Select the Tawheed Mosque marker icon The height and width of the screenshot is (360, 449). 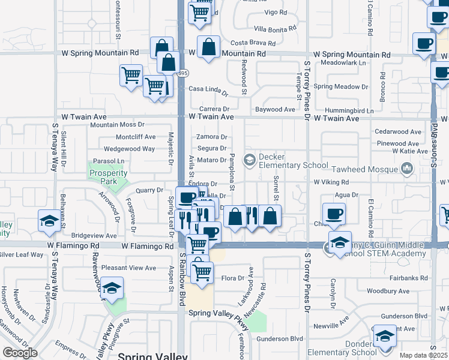[408, 170]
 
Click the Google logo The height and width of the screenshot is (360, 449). [20, 352]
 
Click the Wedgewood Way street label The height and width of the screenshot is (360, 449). [129, 148]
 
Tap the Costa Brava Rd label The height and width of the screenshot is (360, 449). [253, 43]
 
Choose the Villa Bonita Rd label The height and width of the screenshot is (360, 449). [275, 29]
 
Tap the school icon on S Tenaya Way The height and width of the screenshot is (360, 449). [49, 221]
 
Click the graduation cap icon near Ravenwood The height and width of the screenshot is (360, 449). [112, 289]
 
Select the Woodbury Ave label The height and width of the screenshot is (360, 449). [388, 291]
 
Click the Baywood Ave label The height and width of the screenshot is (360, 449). [275, 109]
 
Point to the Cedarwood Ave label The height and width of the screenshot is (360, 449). [397, 131]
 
